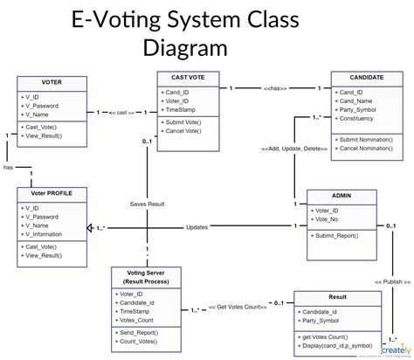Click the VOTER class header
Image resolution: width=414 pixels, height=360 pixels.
tap(52, 82)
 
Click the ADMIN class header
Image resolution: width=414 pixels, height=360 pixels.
tap(342, 197)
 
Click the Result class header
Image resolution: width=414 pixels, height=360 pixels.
tap(337, 298)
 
